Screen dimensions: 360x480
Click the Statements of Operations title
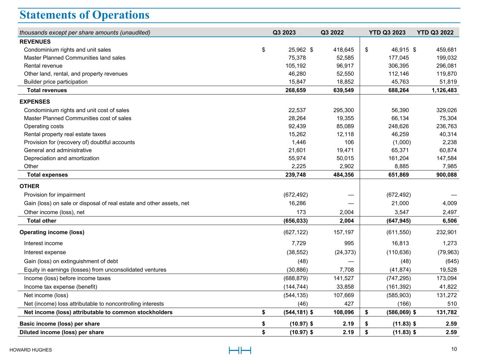click(x=84, y=15)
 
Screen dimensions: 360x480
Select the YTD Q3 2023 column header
click(x=387, y=33)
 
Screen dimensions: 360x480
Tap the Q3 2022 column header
click(x=332, y=33)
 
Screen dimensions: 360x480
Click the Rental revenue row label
click(x=43, y=66)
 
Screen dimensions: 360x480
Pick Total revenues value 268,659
click(x=295, y=90)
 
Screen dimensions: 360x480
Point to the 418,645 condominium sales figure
click(x=343, y=50)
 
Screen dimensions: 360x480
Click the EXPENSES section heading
click(x=35, y=102)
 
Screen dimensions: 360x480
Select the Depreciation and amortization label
click(x=62, y=158)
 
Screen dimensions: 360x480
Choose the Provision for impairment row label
click(x=55, y=195)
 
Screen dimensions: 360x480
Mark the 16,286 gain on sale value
click(x=297, y=203)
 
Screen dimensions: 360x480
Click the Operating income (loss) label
click(x=52, y=232)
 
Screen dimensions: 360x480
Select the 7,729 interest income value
click(x=299, y=243)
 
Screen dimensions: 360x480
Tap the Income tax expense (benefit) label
click(x=60, y=287)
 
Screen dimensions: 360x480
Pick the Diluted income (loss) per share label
click(x=62, y=332)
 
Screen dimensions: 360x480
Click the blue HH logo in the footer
click(x=240, y=350)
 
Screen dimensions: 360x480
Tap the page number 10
click(x=454, y=349)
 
